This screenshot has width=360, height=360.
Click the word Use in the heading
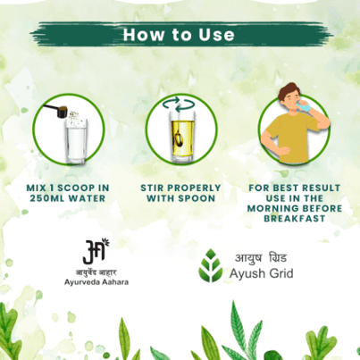coord(216,35)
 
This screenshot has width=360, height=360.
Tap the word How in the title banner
coord(144,35)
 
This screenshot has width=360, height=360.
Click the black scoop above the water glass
coord(57,110)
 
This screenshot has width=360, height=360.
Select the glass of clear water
coord(76,140)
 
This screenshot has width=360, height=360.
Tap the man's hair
coord(289,92)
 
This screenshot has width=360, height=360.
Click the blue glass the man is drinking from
coord(306,106)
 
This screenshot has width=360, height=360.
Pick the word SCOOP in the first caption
coord(76,188)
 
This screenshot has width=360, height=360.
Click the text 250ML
coord(47,198)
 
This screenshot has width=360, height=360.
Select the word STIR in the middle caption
coord(152,188)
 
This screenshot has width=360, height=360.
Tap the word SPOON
coord(197,198)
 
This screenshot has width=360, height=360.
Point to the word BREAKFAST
coord(295,219)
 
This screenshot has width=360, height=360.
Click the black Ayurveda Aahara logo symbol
coord(96,251)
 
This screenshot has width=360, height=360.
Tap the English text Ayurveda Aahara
coord(96,282)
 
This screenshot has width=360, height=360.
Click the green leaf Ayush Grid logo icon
coord(211,265)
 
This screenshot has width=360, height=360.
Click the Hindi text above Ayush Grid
coord(261,258)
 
